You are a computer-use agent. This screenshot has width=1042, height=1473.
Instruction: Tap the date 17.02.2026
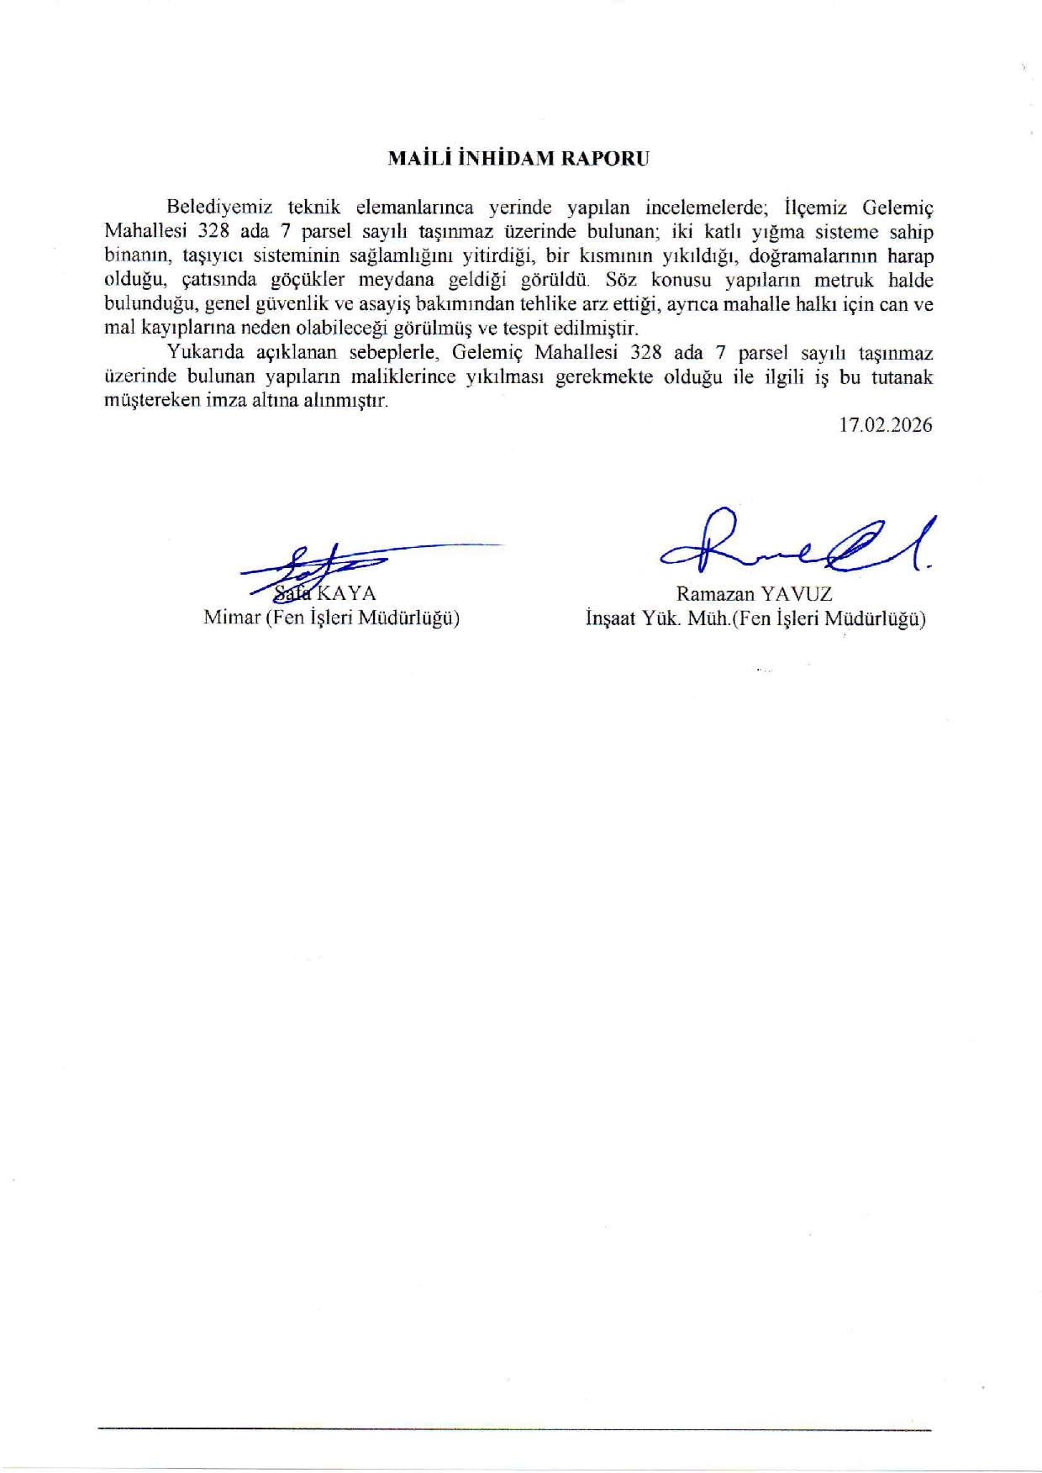pos(886,425)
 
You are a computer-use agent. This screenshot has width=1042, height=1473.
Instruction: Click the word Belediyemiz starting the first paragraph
pos(213,208)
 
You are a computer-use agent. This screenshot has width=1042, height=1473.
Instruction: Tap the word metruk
pos(845,281)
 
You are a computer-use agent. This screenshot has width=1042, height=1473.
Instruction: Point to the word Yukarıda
pos(205,353)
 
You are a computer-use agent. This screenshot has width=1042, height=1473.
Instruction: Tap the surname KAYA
pos(346,594)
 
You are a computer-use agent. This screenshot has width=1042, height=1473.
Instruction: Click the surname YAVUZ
pos(795,594)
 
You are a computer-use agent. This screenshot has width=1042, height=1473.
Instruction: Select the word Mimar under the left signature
pos(232,618)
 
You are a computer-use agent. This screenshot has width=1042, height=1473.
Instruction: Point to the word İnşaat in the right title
pos(611,619)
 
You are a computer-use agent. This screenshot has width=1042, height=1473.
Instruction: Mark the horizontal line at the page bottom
pos(514,1428)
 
